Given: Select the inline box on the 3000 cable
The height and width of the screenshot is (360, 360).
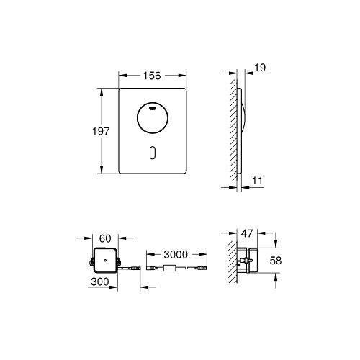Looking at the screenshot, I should click(x=171, y=271).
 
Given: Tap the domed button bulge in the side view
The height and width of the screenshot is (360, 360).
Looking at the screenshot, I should click(x=245, y=119).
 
